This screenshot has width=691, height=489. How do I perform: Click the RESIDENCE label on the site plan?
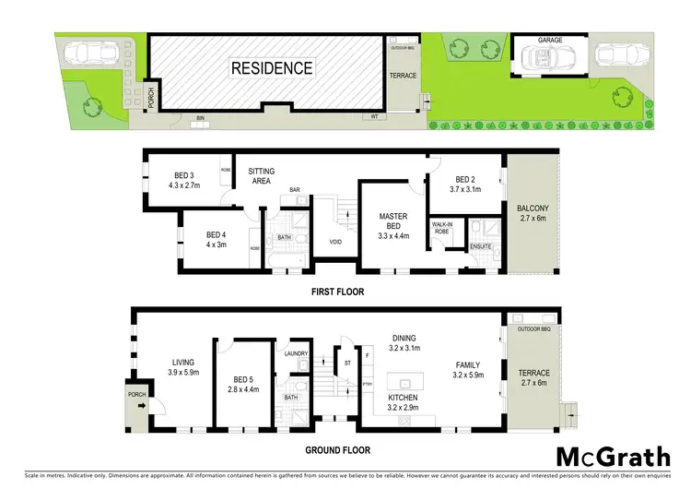272,68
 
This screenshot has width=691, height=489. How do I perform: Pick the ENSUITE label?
480,247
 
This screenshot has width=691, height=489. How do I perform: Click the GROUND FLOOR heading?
339,450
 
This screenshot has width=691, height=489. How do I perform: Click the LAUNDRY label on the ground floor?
297,352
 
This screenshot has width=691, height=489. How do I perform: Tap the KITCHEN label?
403,397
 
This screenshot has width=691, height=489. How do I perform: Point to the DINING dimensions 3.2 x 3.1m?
404,349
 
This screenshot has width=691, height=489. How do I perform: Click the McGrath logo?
612,458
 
